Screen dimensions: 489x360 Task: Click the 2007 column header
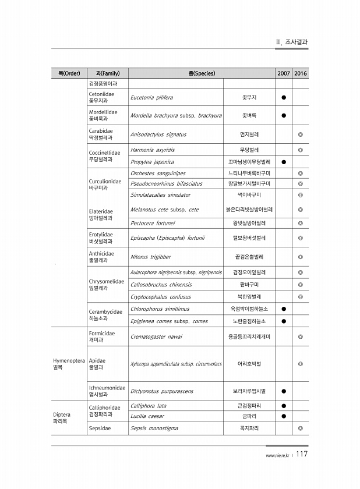[x=284, y=73]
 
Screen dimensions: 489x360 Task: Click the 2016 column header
[x=301, y=73]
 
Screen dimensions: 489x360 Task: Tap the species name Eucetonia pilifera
[x=151, y=97]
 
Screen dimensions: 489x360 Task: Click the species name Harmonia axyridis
[x=153, y=150]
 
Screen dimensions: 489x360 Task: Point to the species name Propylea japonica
[x=152, y=162]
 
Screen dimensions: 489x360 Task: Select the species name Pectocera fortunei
[x=153, y=223]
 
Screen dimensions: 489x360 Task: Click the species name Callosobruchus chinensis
[x=157, y=285]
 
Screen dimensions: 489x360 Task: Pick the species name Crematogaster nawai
[x=157, y=336]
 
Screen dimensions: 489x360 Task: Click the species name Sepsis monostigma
[x=154, y=428]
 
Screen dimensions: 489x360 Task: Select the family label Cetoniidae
[x=101, y=94]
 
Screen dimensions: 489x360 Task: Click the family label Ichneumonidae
[x=107, y=388]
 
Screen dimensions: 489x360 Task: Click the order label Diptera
[x=62, y=415]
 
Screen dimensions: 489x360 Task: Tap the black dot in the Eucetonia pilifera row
[x=284, y=97]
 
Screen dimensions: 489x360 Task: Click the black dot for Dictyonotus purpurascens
[x=284, y=391]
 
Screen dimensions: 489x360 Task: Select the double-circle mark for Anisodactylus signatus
[x=301, y=134]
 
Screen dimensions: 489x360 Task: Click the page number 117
[x=302, y=455]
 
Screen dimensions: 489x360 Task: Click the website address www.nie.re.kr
[x=277, y=456]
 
